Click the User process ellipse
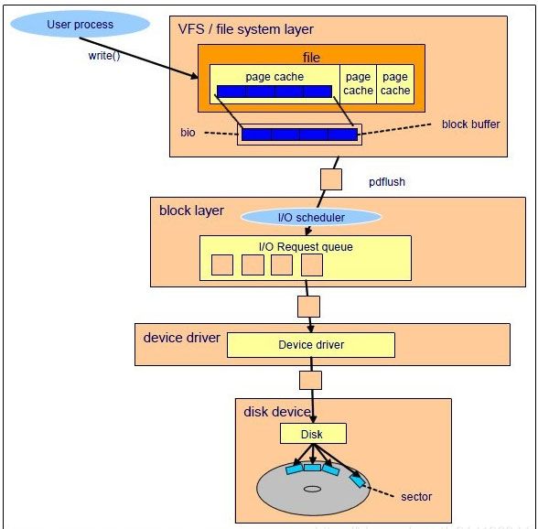click(x=80, y=24)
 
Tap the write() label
click(x=104, y=56)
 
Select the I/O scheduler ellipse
click(x=311, y=217)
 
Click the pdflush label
click(x=387, y=182)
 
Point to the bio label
click(x=188, y=133)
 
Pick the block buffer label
click(x=470, y=124)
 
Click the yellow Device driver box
click(x=311, y=345)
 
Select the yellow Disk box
click(x=313, y=434)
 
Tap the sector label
click(x=416, y=497)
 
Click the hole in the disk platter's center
click(x=313, y=489)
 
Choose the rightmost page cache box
click(x=395, y=84)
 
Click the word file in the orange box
click(x=311, y=58)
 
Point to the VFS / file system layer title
click(x=245, y=29)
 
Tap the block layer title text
click(x=191, y=211)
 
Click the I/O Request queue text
click(x=306, y=247)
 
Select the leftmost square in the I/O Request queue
click(x=222, y=264)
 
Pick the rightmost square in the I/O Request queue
click(x=312, y=264)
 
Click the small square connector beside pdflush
click(x=331, y=179)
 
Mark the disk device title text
click(x=277, y=412)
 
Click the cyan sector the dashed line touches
click(x=358, y=480)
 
